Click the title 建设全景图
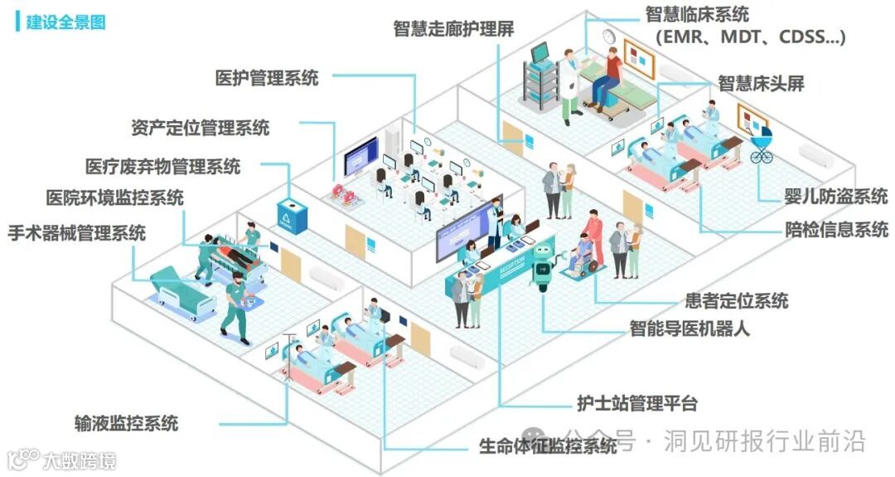click(x=65, y=22)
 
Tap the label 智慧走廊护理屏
click(x=453, y=29)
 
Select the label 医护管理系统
click(x=266, y=79)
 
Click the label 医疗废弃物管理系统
click(x=163, y=166)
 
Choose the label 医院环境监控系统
click(x=114, y=198)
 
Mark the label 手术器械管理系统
click(x=76, y=232)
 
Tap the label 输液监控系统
click(x=126, y=423)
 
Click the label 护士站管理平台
click(x=637, y=404)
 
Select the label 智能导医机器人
click(x=689, y=329)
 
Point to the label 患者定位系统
click(x=737, y=300)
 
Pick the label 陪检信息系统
click(x=836, y=229)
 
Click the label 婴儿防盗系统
click(x=836, y=197)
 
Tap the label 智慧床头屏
click(x=761, y=83)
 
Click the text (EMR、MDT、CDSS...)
click(x=750, y=37)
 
